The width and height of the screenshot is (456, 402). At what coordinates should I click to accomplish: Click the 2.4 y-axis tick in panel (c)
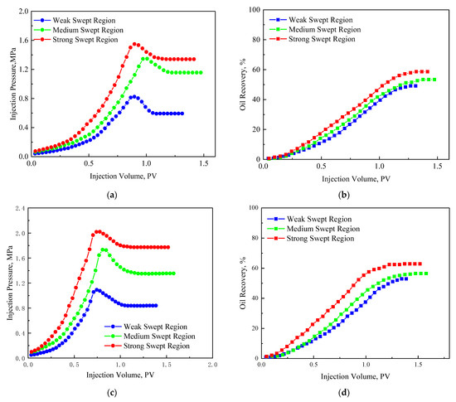pos(21,208)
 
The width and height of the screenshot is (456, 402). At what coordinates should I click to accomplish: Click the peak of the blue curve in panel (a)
pos(133,96)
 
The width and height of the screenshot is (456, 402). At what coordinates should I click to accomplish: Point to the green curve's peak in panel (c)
pos(104,249)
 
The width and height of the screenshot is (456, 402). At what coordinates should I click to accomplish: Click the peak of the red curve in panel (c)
pos(98,231)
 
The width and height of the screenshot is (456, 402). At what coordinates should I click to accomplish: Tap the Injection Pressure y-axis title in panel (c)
pos(8,284)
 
